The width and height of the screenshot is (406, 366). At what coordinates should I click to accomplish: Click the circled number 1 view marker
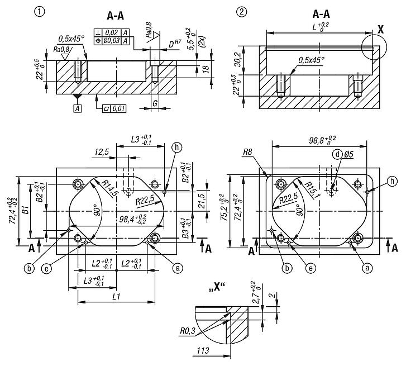pyautogui.click(x=39, y=11)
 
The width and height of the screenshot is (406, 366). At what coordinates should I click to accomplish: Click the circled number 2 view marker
pyautogui.click(x=242, y=11)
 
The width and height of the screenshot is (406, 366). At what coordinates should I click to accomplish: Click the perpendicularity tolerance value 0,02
pyautogui.click(x=112, y=32)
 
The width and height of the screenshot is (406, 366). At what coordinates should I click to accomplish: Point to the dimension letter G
pyautogui.click(x=155, y=104)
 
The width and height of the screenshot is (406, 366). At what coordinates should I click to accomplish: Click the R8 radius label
pyautogui.click(x=249, y=151)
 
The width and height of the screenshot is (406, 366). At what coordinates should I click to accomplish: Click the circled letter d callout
pyautogui.click(x=337, y=154)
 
